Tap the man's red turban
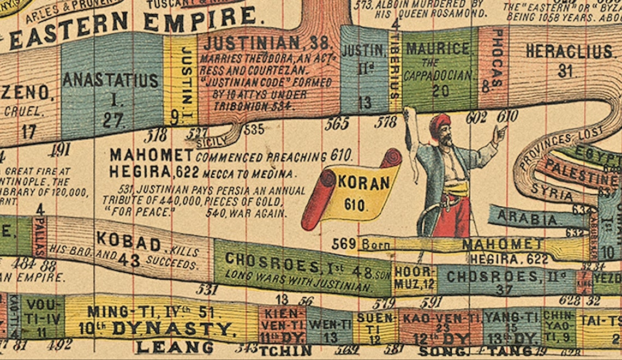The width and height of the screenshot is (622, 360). (x=439, y=124)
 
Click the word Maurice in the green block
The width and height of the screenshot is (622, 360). (x=434, y=49)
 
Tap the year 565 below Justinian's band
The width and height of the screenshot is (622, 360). (x=337, y=124)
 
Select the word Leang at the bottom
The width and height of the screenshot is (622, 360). (x=175, y=347)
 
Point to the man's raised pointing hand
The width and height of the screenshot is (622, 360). (x=499, y=131)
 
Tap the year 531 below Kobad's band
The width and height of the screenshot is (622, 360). (x=207, y=288)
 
